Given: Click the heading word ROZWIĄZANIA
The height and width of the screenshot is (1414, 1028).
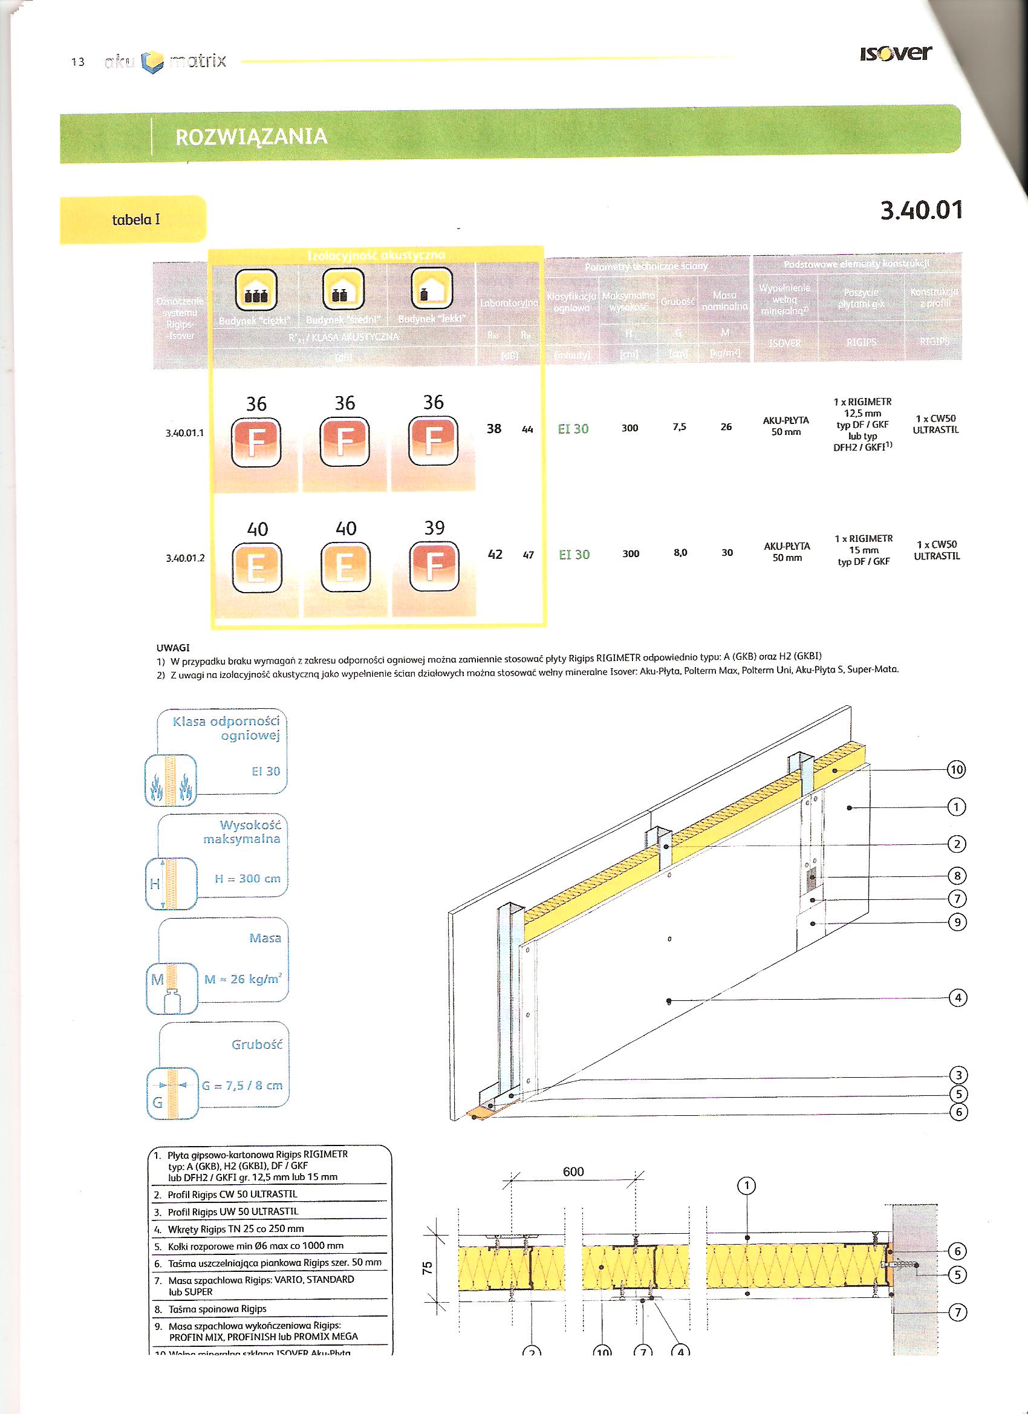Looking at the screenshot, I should [x=251, y=137].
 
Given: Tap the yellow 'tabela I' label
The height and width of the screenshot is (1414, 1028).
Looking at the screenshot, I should [x=135, y=220].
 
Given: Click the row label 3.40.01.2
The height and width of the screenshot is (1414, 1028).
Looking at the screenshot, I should [x=185, y=558].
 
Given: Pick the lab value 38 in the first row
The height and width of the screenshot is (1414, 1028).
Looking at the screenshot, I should [x=493, y=428].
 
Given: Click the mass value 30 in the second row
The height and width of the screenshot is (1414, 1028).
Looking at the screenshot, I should [x=727, y=552].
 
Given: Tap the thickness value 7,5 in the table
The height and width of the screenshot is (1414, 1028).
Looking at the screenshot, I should [x=680, y=427].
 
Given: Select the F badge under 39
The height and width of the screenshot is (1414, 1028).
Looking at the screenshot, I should [x=434, y=567].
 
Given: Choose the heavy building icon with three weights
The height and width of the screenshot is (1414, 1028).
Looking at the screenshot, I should [x=256, y=290].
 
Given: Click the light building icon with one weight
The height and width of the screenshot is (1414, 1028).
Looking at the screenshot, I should [x=432, y=288].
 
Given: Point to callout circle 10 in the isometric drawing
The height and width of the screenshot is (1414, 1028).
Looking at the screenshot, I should [x=956, y=769].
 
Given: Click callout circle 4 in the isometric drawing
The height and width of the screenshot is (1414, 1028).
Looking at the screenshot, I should [x=958, y=997].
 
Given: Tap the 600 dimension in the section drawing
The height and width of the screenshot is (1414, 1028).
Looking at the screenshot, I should [x=573, y=1171].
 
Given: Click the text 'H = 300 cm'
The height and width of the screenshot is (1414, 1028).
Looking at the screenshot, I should [x=247, y=878].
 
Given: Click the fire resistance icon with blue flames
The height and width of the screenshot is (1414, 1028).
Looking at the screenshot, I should [x=170, y=781].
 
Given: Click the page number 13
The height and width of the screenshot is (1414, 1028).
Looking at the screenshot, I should [x=78, y=62].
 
